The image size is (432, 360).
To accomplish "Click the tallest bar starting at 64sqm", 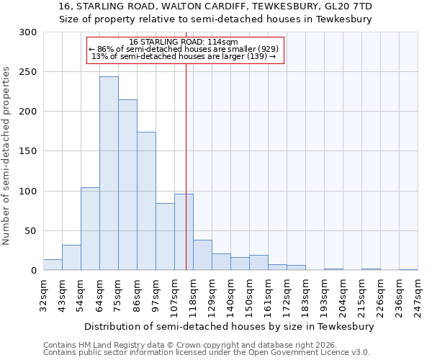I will click(109, 173).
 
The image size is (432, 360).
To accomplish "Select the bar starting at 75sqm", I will click(127, 184).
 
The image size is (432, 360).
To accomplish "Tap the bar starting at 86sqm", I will click(146, 201).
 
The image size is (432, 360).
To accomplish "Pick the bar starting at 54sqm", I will click(90, 228).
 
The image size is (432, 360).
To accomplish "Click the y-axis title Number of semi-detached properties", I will click(7, 156).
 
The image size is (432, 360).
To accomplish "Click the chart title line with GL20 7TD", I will click(215, 6).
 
